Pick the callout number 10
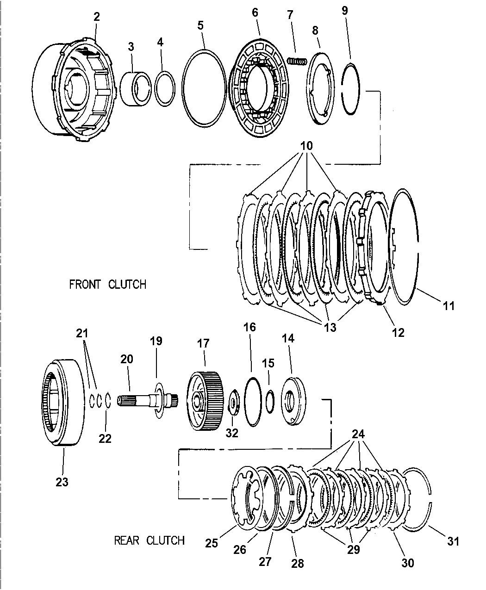[x=306, y=146]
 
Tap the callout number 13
[x=330, y=327]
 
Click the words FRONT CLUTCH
[x=107, y=284]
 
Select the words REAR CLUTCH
[x=149, y=540]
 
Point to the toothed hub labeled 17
[x=206, y=396]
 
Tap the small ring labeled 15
[x=270, y=397]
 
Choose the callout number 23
[x=62, y=482]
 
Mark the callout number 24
[x=358, y=435]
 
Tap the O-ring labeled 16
[x=252, y=401]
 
